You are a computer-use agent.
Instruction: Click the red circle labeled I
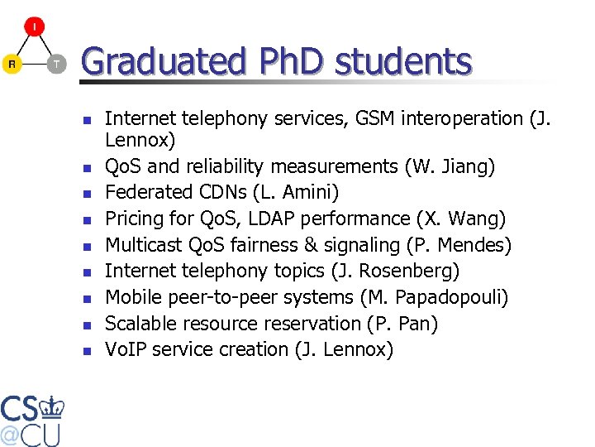coord(35,26)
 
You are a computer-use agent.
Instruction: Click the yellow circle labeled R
coord(12,64)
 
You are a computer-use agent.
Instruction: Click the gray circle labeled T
coord(56,64)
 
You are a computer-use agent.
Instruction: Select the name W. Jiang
coord(450,166)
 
